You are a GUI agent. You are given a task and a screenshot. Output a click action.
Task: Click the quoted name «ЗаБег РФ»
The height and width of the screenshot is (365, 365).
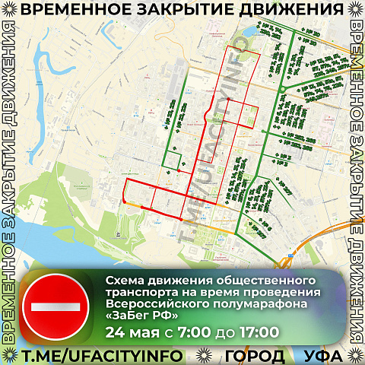(x=142, y=314)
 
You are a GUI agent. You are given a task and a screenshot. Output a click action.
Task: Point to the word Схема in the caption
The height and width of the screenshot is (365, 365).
(x=126, y=281)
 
